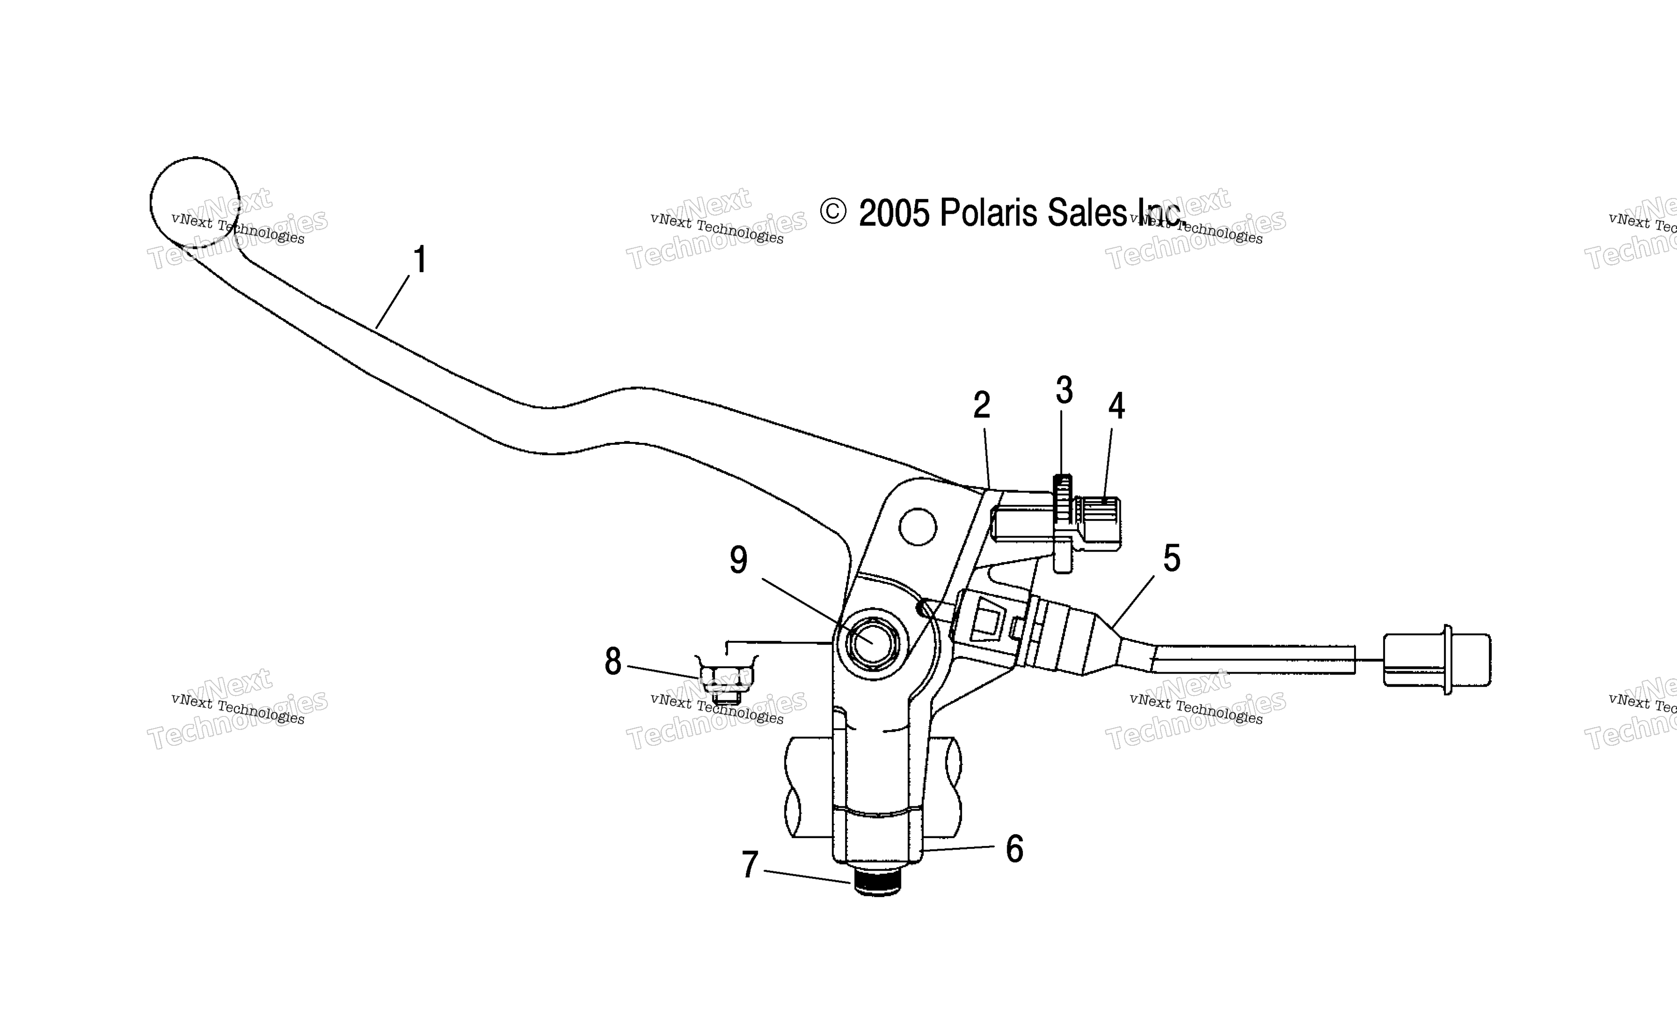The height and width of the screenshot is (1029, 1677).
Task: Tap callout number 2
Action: (982, 406)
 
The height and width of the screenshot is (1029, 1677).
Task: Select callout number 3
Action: (1064, 391)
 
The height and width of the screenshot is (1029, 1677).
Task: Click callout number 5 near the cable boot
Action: (1171, 559)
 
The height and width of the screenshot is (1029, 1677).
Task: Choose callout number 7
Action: (750, 865)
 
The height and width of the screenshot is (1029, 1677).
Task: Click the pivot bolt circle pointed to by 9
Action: (872, 642)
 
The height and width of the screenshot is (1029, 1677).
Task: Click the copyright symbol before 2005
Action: (833, 211)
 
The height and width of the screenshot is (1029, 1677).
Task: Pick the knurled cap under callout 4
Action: (1097, 523)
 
